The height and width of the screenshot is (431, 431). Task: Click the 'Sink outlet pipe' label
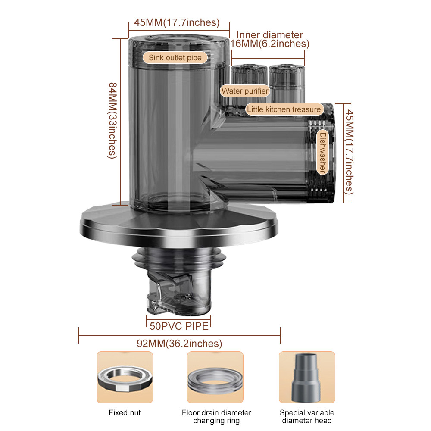click(x=175, y=58)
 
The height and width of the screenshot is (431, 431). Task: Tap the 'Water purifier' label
click(x=245, y=91)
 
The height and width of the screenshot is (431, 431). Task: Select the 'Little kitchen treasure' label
click(x=284, y=109)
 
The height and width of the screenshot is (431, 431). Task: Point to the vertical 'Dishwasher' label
click(x=322, y=152)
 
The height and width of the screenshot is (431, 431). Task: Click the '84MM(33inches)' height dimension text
click(x=112, y=121)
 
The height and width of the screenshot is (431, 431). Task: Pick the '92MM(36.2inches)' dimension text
click(x=179, y=344)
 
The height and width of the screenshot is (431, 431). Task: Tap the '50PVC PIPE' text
click(x=179, y=326)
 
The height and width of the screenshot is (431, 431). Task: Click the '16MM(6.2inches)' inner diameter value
click(x=270, y=44)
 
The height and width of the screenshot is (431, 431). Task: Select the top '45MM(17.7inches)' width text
click(x=177, y=22)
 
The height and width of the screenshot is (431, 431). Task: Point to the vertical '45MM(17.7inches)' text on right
click(x=349, y=152)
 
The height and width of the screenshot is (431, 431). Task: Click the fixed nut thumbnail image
click(x=125, y=378)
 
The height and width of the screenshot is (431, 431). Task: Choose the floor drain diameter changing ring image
click(x=215, y=378)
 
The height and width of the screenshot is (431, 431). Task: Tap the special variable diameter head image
click(x=307, y=378)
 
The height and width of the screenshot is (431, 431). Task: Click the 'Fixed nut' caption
click(x=125, y=413)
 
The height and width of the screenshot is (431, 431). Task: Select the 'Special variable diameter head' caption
click(x=307, y=417)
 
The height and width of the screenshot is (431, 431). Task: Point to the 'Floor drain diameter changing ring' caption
click(x=217, y=417)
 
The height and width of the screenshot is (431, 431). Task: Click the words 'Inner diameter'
click(x=270, y=35)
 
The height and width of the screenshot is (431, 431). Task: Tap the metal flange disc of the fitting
click(x=179, y=225)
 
